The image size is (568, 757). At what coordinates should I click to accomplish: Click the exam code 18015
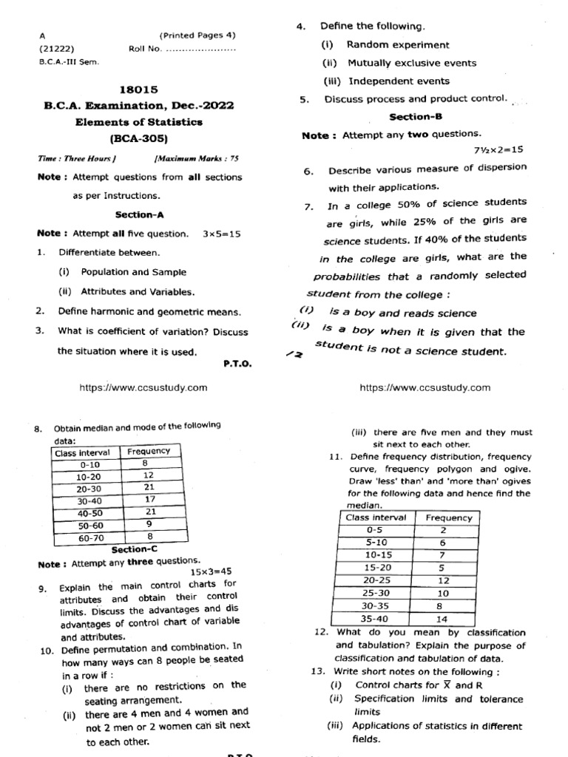(x=139, y=89)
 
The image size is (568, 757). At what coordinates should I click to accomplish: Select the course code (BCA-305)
(x=139, y=138)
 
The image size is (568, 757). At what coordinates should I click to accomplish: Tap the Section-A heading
(x=139, y=214)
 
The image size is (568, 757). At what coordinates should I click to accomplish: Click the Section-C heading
(x=134, y=549)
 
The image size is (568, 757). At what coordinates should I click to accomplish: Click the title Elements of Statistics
(x=139, y=122)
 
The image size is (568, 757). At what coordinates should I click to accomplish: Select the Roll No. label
(x=144, y=50)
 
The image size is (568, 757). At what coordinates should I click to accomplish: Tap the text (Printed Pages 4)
(x=197, y=35)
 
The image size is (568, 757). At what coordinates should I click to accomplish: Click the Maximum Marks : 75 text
(x=196, y=158)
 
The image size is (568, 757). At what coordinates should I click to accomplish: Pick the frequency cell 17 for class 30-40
(x=148, y=500)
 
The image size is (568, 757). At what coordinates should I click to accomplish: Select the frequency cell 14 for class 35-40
(x=443, y=619)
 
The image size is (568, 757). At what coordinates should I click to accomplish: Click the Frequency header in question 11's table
(x=448, y=517)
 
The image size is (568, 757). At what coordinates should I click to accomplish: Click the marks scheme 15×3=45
(x=211, y=571)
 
